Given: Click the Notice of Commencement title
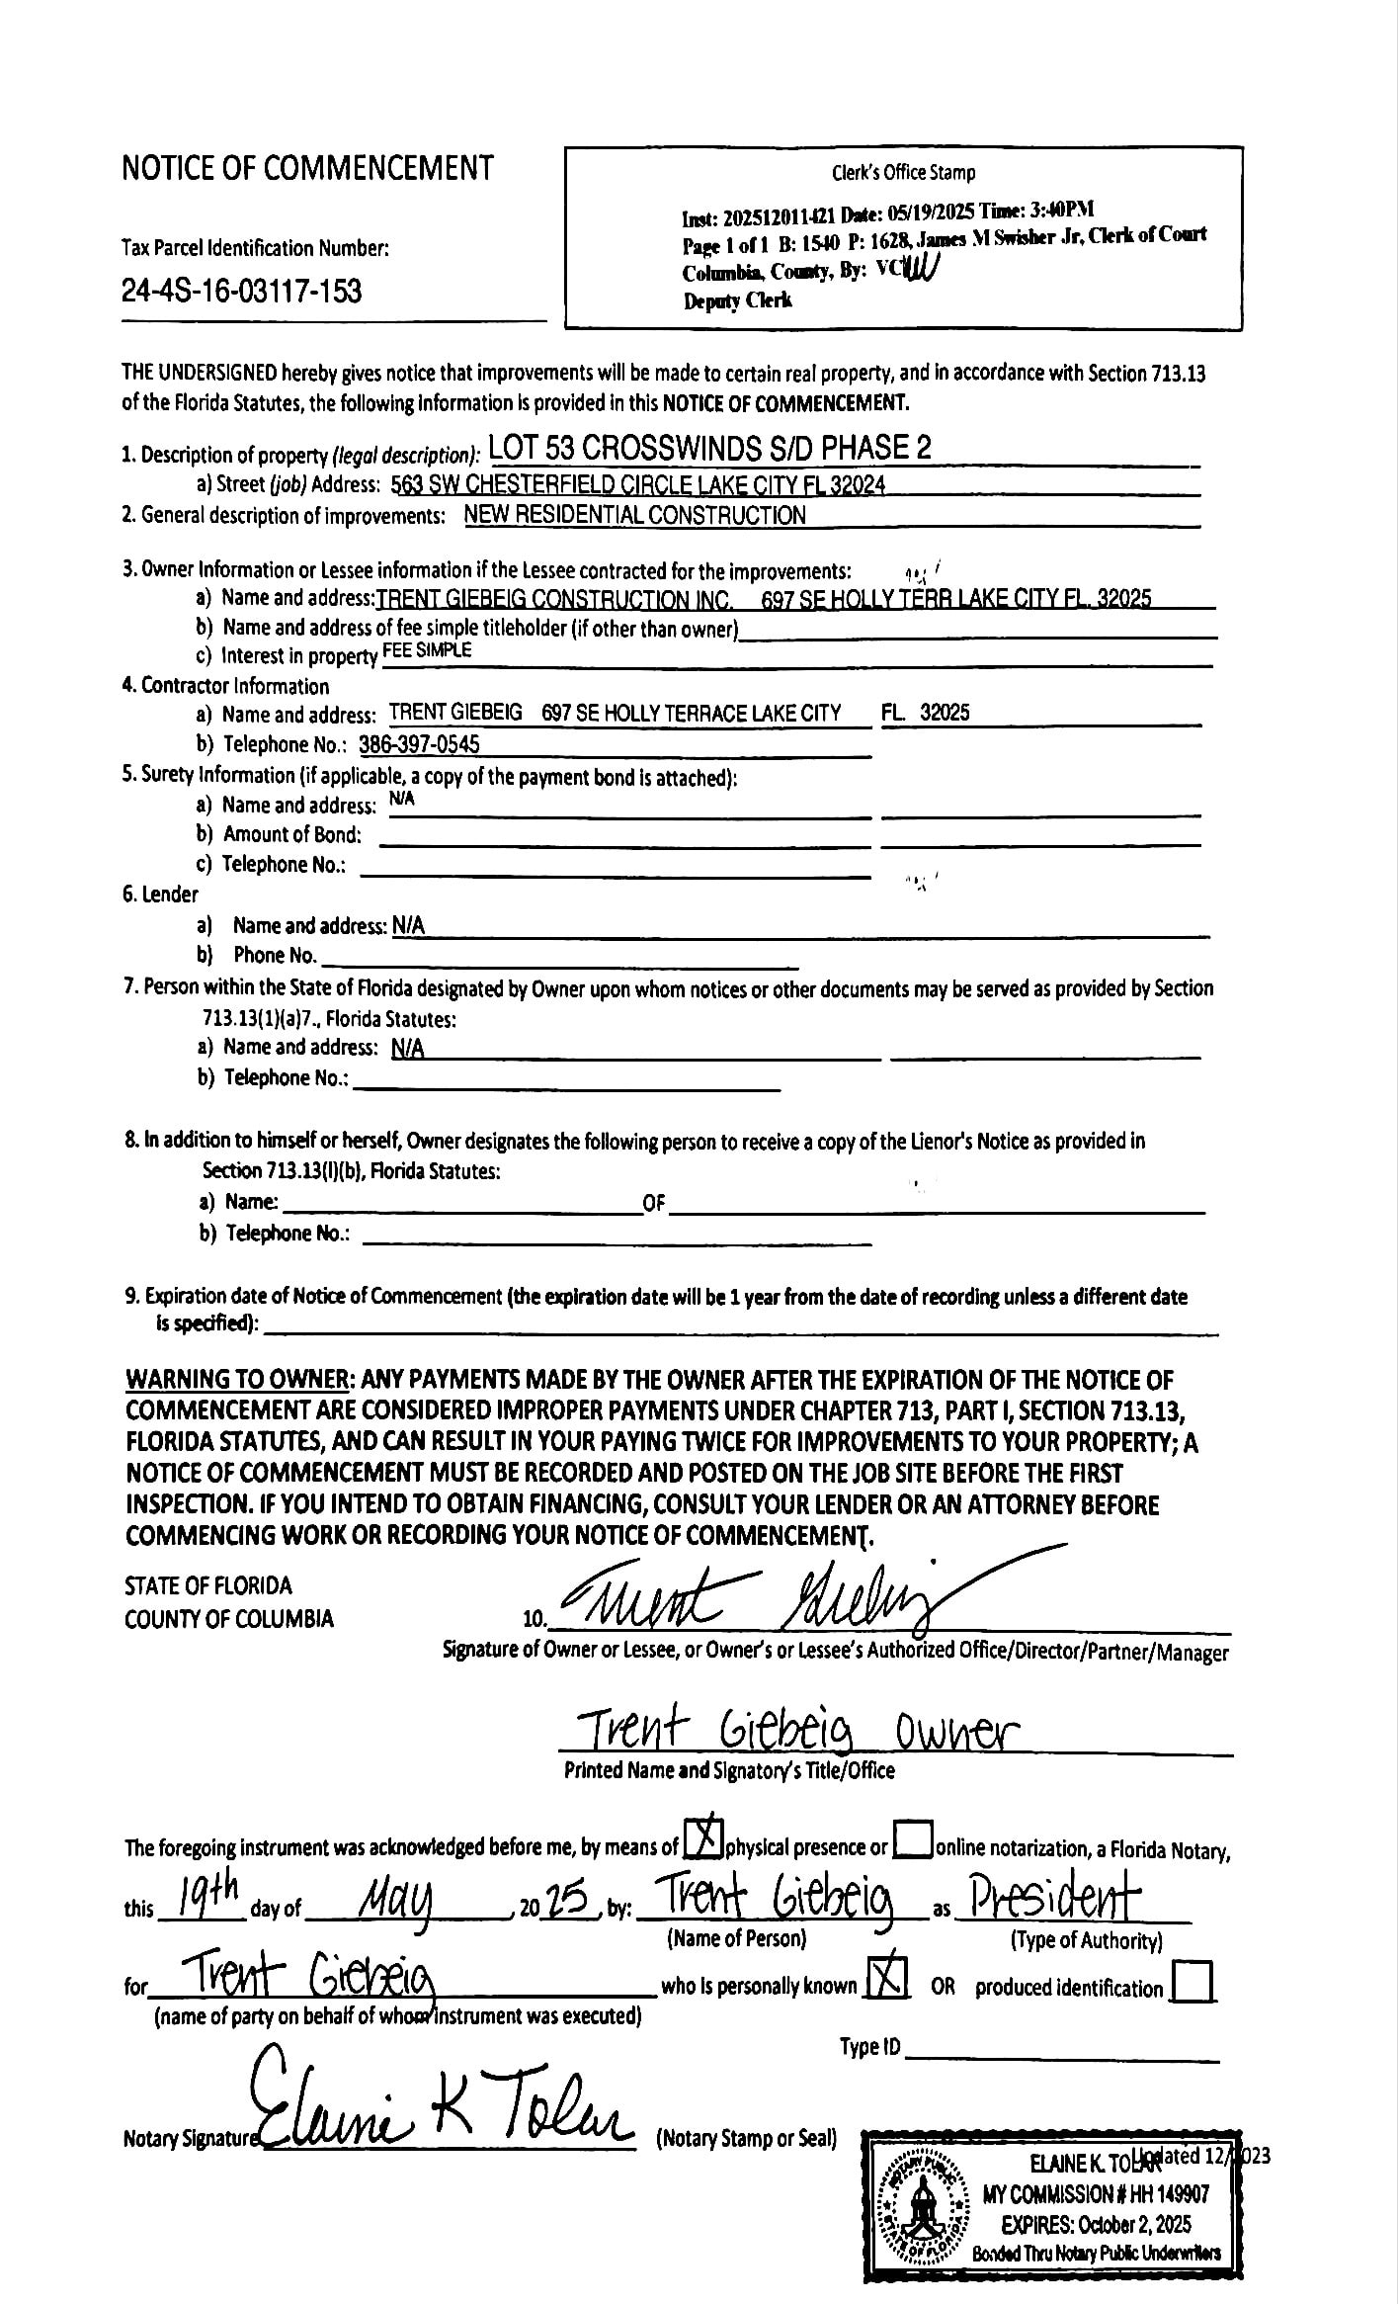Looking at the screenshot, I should click(307, 169).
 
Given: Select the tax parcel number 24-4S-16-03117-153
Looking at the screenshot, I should click(241, 292).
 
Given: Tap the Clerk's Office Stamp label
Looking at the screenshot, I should click(903, 173).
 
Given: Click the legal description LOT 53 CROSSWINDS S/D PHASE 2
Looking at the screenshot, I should click(709, 449).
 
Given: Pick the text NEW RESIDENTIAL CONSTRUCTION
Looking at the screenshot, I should click(634, 515).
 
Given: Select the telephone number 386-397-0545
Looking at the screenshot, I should click(419, 744).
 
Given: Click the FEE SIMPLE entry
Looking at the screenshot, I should click(427, 650).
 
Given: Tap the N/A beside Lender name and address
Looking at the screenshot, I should click(408, 926).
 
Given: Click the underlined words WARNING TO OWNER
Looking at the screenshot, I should click(237, 1380).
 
